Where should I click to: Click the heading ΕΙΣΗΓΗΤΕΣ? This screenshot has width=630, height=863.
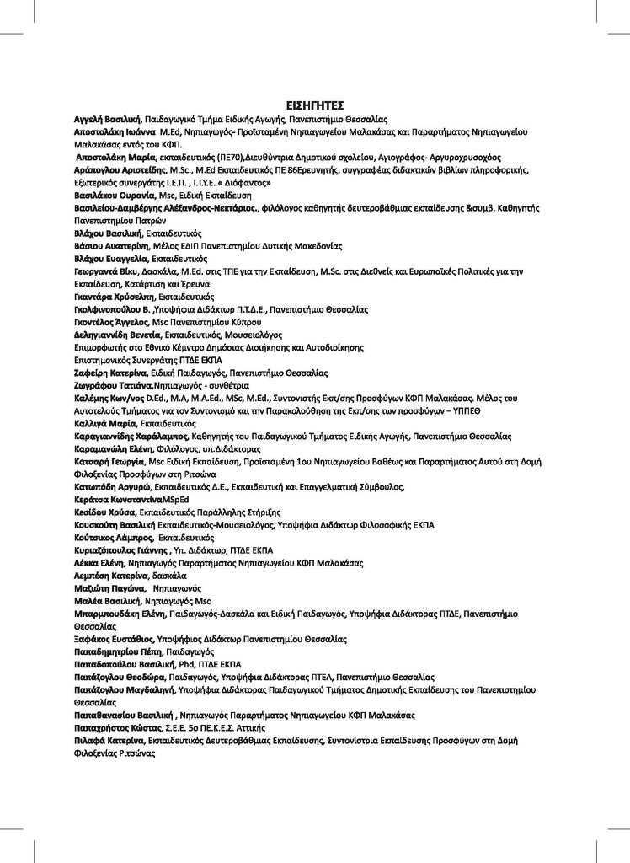click(315, 106)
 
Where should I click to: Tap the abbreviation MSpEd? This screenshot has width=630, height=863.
click(175, 500)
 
